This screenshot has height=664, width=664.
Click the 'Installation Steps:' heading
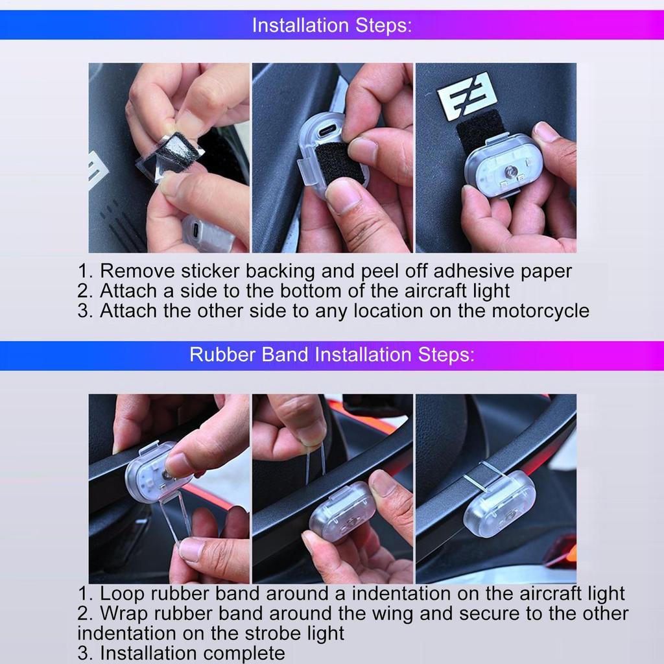(x=331, y=25)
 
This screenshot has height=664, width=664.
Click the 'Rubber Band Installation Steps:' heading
(x=331, y=355)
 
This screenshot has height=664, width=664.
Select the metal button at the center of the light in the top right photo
(x=510, y=171)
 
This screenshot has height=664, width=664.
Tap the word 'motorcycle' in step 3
(x=540, y=311)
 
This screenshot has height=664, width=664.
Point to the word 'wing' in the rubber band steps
(x=392, y=613)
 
